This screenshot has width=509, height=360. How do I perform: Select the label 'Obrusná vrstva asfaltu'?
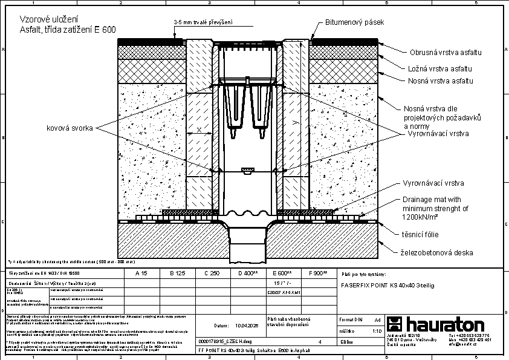(x=446, y=53)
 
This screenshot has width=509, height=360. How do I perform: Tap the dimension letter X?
(x=200, y=130)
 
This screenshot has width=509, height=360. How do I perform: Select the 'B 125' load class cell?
(x=176, y=274)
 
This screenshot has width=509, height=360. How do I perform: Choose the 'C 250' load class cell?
(x=211, y=274)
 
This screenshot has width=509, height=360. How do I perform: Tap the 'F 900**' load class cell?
(x=317, y=274)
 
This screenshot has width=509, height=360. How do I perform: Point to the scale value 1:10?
(x=375, y=331)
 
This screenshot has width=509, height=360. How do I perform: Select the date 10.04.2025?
(x=239, y=326)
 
